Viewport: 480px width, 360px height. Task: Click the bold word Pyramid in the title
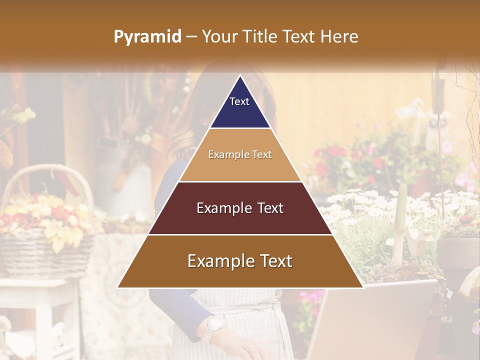(147, 37)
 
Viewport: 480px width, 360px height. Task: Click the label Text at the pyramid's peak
(239, 101)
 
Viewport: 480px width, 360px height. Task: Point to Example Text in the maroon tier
(240, 208)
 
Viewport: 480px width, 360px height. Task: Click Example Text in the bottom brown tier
(240, 261)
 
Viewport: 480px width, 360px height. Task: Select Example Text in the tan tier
(240, 154)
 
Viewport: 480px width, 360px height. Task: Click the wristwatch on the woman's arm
(213, 327)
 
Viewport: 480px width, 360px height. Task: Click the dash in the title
(191, 37)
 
